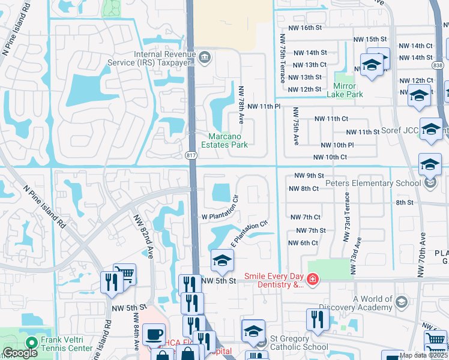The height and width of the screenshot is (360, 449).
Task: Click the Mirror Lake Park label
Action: (345, 90)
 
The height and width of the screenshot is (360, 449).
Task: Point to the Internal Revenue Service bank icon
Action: (205, 58)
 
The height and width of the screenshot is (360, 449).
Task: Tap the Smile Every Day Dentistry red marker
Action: (312, 279)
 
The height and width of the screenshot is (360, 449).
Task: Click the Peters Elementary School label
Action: (373, 183)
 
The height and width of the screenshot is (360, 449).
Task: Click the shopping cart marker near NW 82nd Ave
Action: (125, 275)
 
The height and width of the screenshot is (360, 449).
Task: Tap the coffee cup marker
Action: (154, 334)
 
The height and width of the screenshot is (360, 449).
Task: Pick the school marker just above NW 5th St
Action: (221, 262)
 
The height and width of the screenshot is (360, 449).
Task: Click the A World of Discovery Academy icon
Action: (402, 301)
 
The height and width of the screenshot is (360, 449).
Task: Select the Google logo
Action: (20, 353)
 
